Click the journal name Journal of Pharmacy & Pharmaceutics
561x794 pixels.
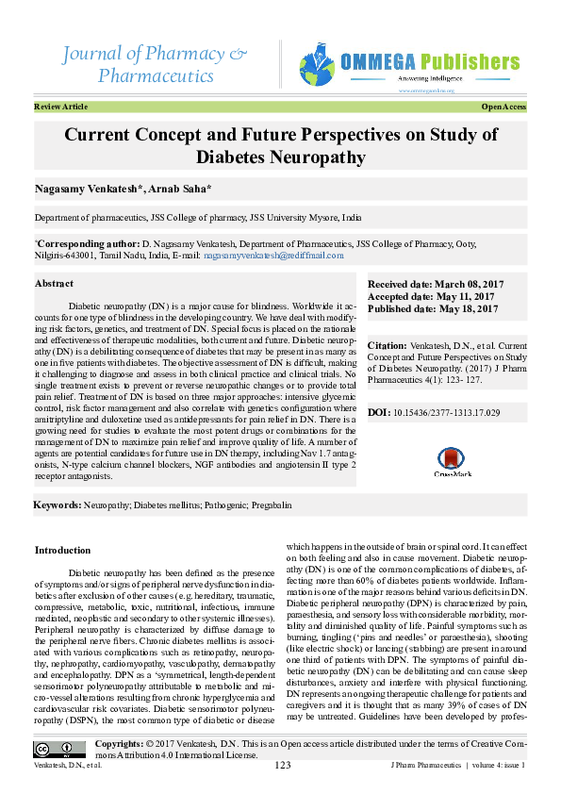(156, 62)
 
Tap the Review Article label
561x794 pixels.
(60, 108)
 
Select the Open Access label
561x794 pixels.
(503, 108)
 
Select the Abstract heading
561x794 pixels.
(54, 283)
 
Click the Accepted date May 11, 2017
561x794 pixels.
(430, 296)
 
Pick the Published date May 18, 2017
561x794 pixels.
(432, 308)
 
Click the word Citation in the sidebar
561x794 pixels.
(387, 346)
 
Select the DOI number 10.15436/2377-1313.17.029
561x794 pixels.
(446, 413)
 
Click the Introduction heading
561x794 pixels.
(62, 550)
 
